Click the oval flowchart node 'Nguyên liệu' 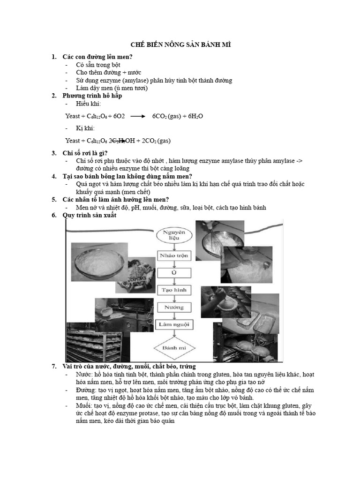[174, 235]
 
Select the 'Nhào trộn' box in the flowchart [174, 256]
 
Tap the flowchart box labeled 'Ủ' [174, 273]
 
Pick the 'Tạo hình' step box [174, 290]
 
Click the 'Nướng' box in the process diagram [174, 307]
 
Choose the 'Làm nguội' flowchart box [174, 325]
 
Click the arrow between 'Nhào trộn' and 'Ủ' [174, 264]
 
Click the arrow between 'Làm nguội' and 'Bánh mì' [174, 334]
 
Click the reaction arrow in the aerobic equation [138, 116]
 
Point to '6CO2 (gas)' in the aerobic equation [167, 116]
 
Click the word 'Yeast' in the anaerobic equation [73, 141]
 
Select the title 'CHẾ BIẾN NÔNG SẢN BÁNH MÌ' [180, 45]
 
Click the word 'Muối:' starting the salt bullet [84, 405]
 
